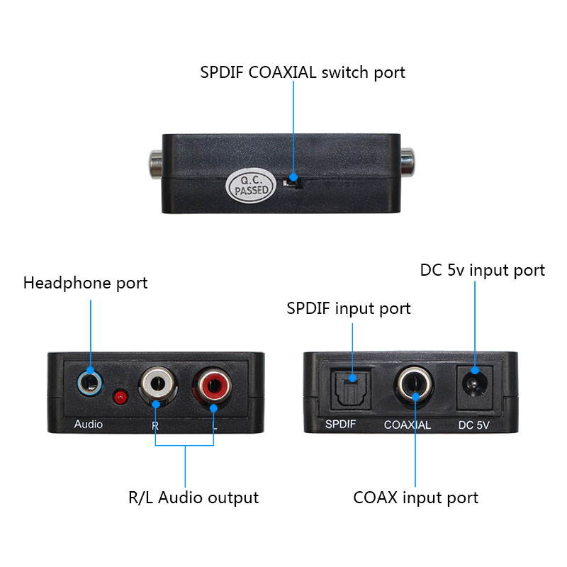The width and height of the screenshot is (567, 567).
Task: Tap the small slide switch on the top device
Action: point(291,183)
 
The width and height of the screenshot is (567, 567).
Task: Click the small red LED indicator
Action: point(121,395)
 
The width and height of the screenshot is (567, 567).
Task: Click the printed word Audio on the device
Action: point(89,425)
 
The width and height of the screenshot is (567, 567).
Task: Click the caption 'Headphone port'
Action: point(86,283)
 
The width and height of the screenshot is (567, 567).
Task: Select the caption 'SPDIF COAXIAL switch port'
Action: point(302,72)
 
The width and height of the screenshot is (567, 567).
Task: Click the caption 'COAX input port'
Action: point(416,498)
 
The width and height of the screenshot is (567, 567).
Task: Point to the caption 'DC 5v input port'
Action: point(483,270)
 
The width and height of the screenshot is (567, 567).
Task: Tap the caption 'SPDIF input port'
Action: point(349,308)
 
